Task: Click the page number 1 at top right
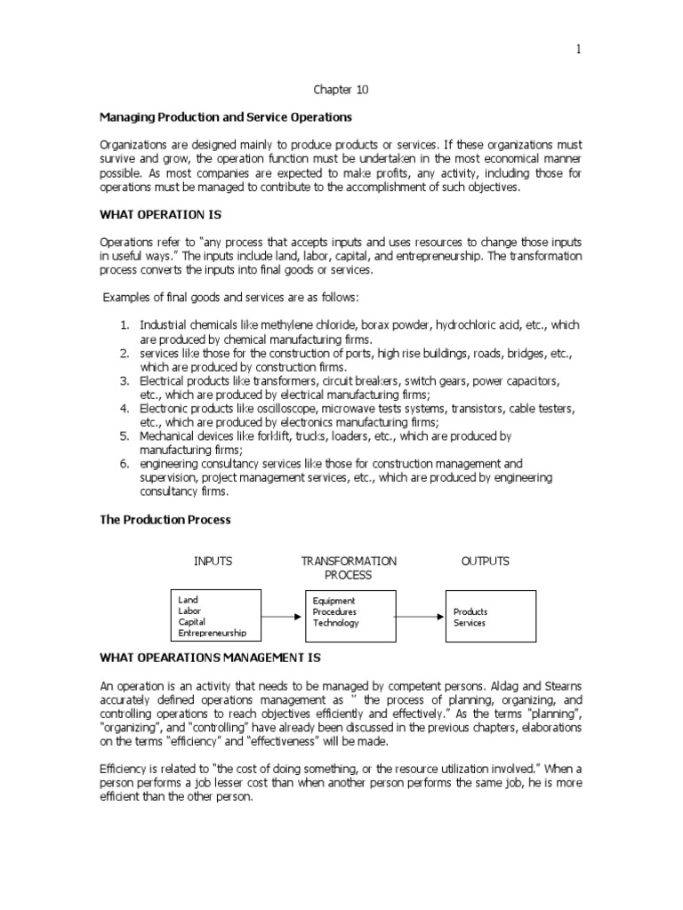click(578, 50)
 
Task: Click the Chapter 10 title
click(341, 90)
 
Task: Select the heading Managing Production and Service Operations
click(225, 117)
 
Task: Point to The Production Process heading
click(165, 519)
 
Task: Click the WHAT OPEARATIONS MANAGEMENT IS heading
click(209, 658)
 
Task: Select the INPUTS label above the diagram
click(213, 561)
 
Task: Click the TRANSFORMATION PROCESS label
click(349, 568)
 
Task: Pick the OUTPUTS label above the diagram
click(485, 561)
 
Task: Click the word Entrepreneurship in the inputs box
click(213, 634)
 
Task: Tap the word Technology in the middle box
click(336, 623)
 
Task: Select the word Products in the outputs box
click(470, 611)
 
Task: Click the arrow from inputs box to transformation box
click(283, 615)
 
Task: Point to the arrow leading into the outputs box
click(419, 615)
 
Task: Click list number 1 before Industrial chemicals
click(125, 326)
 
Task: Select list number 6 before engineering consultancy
click(125, 464)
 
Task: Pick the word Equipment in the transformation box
click(334, 600)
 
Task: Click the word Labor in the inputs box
click(189, 611)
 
